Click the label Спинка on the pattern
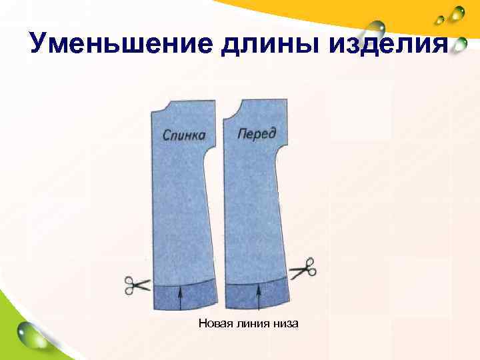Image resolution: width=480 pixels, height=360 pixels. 184,135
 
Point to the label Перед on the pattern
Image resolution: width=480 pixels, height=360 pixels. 257,134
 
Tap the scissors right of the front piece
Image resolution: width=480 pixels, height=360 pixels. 303,269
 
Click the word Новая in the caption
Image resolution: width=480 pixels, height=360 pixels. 213,325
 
